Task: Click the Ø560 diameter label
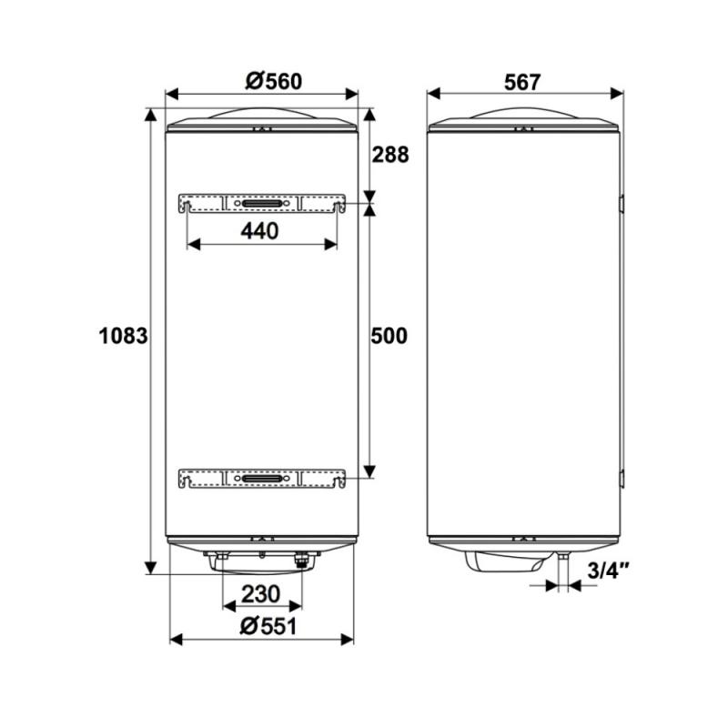274,81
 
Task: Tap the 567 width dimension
522,82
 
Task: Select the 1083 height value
123,335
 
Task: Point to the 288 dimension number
390,155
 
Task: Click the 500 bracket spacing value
389,335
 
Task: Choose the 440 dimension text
259,231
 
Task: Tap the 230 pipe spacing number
261,594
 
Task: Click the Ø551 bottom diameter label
268,626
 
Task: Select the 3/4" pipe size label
608,571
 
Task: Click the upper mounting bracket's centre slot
262,204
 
